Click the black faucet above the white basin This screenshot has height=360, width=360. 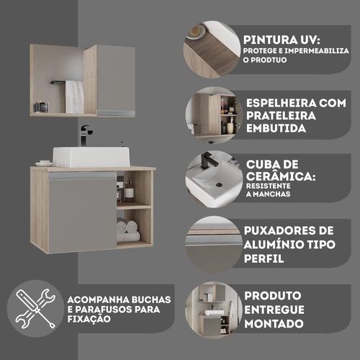[x=85, y=135]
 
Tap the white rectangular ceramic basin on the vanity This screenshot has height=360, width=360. [x=91, y=157]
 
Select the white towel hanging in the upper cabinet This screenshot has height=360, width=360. [x=75, y=96]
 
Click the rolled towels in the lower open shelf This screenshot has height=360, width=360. [x=128, y=230]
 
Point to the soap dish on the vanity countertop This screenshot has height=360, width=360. [x=44, y=163]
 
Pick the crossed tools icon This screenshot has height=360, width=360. [x=35, y=309]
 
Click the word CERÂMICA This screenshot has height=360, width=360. [x=281, y=176]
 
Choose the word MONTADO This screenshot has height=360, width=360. [x=274, y=324]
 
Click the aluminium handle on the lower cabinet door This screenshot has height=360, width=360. [x=82, y=176]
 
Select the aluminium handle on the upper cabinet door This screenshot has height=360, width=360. [x=116, y=113]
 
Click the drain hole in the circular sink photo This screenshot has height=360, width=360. [x=218, y=185]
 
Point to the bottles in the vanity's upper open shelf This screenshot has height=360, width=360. [x=125, y=189]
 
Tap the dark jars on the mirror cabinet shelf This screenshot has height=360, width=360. [x=42, y=107]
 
